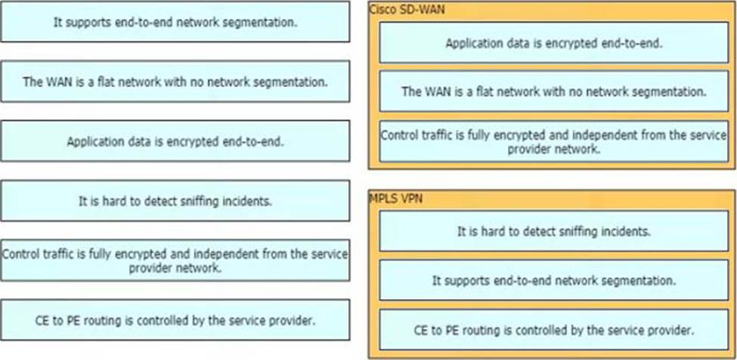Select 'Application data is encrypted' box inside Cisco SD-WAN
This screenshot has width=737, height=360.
[553, 43]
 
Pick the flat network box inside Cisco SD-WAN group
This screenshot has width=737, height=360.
[553, 92]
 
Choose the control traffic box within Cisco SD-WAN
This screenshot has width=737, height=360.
[553, 141]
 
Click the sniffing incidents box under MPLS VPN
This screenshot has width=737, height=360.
[553, 231]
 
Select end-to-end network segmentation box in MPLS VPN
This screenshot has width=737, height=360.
[553, 281]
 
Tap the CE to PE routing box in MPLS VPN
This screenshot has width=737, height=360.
[553, 330]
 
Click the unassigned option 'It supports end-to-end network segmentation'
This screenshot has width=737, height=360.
[175, 22]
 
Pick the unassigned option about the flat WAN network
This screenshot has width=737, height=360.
[175, 82]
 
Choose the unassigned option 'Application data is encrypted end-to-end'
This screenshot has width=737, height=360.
[175, 141]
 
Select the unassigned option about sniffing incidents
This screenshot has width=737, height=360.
[175, 201]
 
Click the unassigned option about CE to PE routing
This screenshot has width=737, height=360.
[175, 320]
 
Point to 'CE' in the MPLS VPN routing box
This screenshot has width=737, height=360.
[422, 330]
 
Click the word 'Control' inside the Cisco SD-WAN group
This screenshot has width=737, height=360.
[398, 136]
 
